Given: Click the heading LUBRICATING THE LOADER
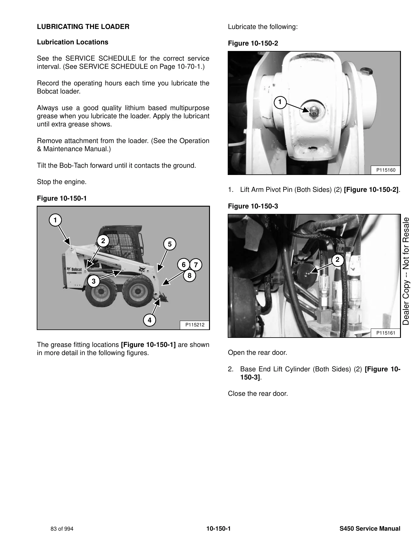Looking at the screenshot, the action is click(83, 27).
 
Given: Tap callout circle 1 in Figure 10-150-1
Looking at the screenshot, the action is click(55, 220).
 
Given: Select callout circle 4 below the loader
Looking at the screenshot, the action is click(150, 320).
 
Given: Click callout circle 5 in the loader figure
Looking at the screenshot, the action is click(170, 244).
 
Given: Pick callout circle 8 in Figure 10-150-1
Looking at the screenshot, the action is click(189, 275).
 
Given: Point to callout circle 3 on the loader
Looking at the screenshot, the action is click(94, 281).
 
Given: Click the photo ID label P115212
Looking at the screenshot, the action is click(195, 325).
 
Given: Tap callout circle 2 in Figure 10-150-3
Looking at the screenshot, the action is click(337, 260).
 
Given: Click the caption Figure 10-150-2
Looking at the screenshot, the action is click(253, 43).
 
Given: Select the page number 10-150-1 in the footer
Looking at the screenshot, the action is click(218, 529).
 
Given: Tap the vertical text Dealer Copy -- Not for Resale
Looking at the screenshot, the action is click(406, 271).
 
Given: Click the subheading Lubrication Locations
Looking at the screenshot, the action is click(73, 42).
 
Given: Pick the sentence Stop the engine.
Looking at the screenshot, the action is click(62, 182).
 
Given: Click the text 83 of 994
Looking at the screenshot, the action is click(62, 529).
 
